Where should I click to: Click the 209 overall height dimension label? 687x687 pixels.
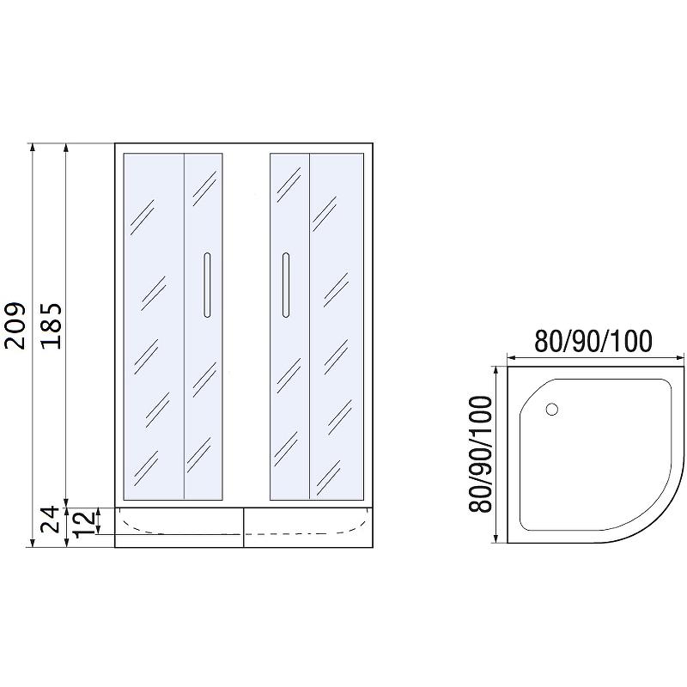click(15, 325)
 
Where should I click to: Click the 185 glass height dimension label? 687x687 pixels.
click(51, 325)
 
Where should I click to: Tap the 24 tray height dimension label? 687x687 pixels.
click(50, 520)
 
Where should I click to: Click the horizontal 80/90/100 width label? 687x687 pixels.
click(593, 341)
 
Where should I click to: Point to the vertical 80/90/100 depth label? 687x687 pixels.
click(480, 454)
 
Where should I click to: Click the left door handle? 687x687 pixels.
click(207, 285)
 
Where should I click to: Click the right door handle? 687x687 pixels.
click(286, 285)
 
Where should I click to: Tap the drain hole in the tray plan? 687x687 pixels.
click(552, 410)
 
